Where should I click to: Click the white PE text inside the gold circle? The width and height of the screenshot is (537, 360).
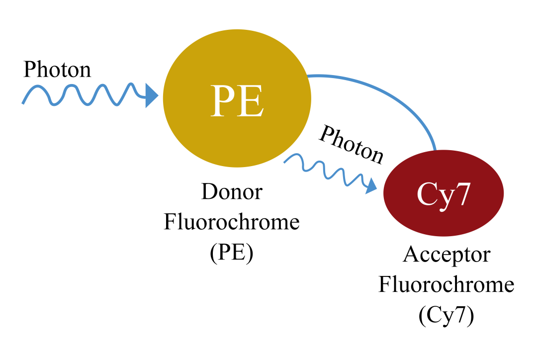point(237,101)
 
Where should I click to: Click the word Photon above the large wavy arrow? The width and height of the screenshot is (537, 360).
point(58,70)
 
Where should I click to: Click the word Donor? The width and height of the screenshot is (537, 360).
point(231,192)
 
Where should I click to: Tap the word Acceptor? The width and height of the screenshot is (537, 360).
point(446,255)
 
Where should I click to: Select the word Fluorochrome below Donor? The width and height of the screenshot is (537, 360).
point(232,222)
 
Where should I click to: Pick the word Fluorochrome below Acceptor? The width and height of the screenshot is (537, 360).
point(446,285)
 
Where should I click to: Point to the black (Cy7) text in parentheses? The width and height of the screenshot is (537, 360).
point(446,316)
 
